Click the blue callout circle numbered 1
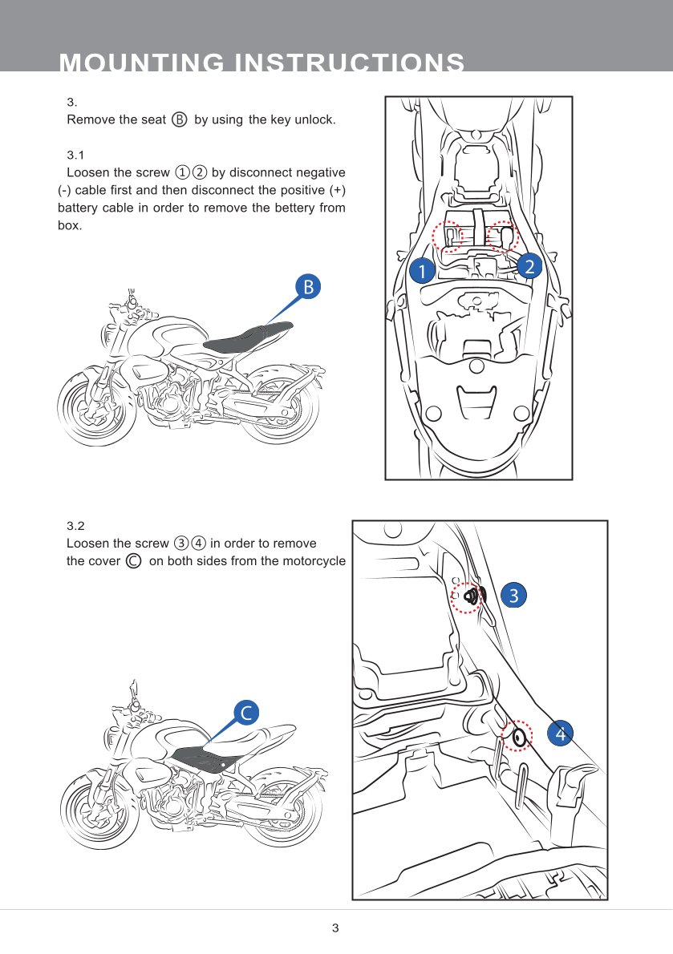click(x=420, y=271)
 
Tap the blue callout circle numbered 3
click(x=513, y=594)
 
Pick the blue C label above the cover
click(x=248, y=711)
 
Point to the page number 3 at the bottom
click(x=335, y=929)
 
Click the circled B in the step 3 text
click(x=180, y=119)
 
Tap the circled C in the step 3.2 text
click(x=134, y=561)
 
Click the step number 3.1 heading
click(x=75, y=154)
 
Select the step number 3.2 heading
click(x=75, y=526)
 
